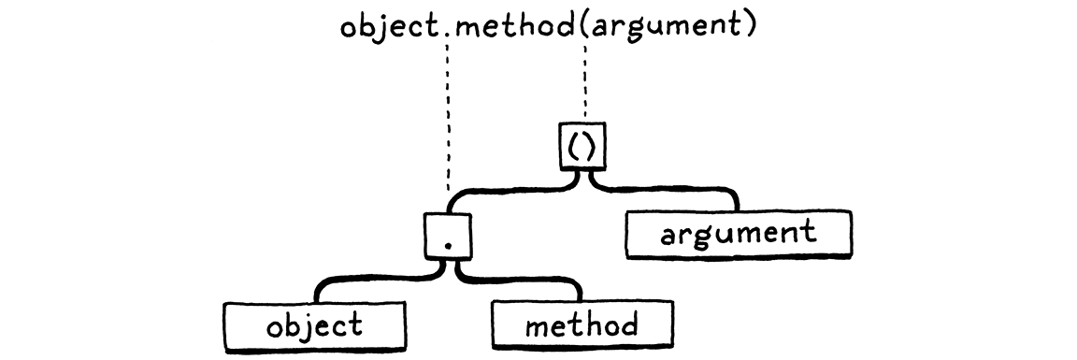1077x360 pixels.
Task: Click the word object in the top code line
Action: [389, 25]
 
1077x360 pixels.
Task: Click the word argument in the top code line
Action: [664, 27]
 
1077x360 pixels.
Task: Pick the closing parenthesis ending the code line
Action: [747, 25]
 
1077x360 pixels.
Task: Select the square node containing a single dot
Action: [448, 234]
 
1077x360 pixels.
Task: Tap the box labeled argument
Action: [738, 234]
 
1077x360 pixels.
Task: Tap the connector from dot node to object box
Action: [374, 279]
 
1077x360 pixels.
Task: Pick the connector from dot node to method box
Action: [524, 279]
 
